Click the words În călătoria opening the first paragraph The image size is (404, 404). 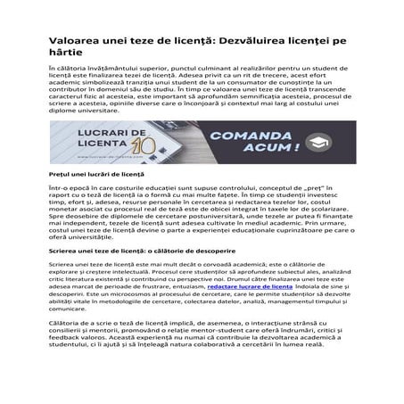69,68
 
